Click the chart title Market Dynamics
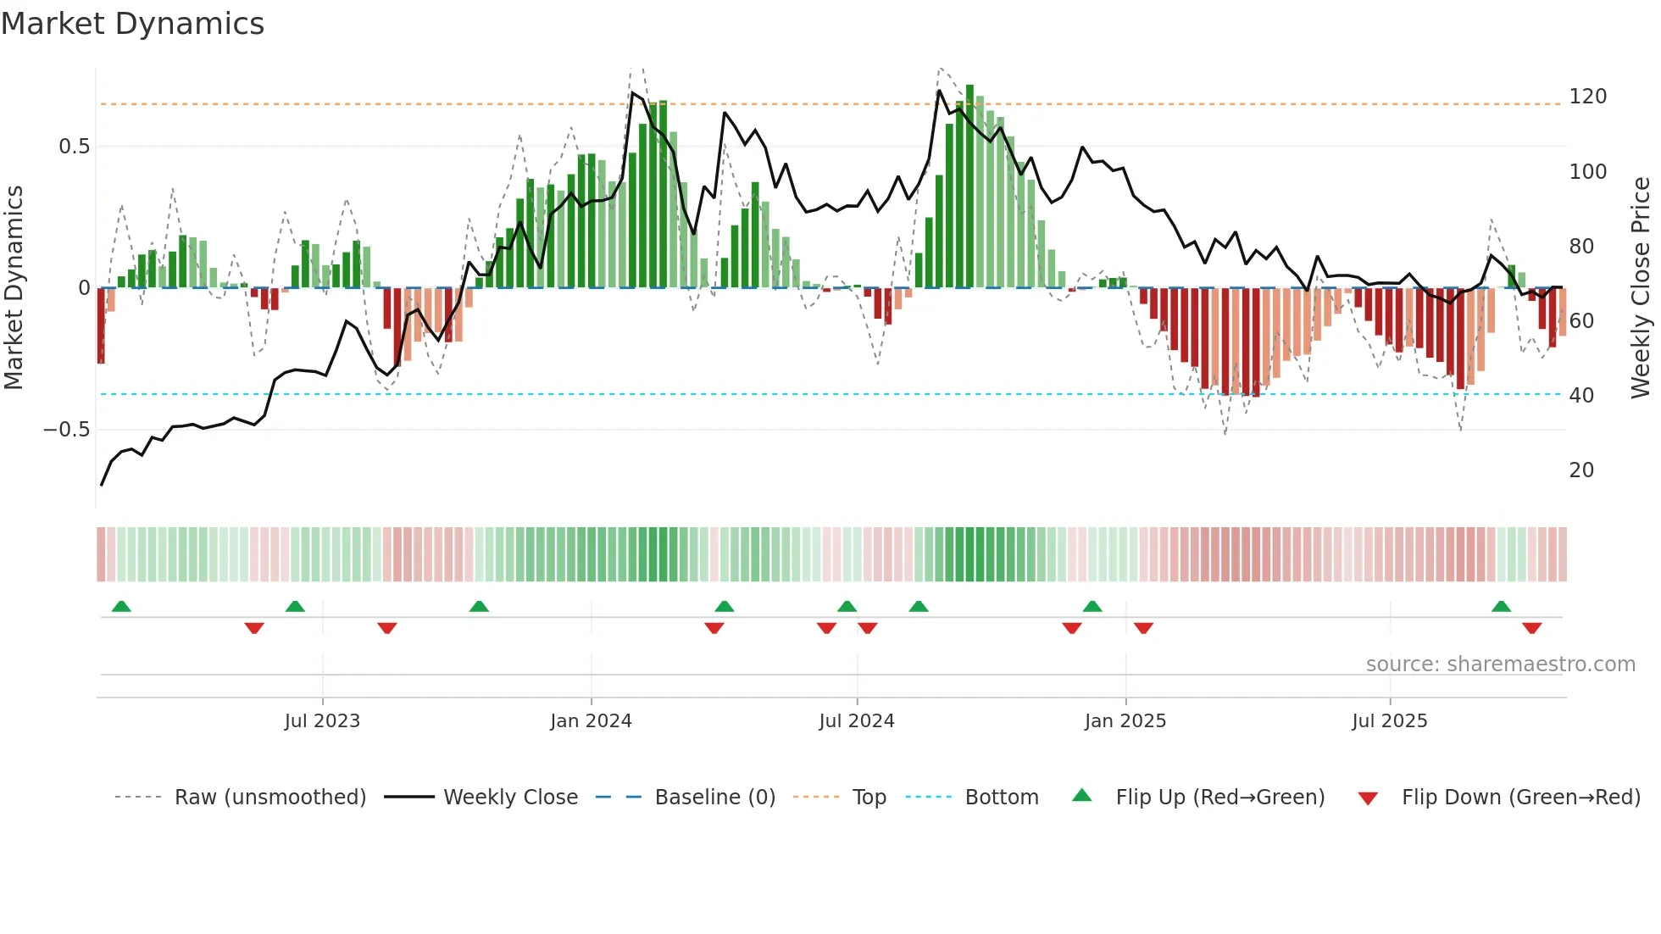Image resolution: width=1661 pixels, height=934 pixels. pos(132,24)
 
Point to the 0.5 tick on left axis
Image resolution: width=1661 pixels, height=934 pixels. pos(74,147)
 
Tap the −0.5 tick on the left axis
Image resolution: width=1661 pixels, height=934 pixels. pos(66,430)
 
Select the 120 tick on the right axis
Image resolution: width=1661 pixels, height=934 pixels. pos(1587,97)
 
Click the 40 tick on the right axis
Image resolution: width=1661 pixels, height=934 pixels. pos(1581,395)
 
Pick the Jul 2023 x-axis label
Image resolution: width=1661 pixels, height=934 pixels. pos(322,721)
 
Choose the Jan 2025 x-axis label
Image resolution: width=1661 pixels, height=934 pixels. pos(1125,721)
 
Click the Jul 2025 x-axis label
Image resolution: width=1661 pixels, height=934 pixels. pos(1389,721)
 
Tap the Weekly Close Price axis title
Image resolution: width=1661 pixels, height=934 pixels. pos(1641,288)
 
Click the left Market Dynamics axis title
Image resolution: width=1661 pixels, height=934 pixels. pos(14,288)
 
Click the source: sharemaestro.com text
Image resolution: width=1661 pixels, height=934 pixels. pos(1500,664)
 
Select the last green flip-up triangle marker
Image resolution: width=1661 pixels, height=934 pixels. pos(1501,607)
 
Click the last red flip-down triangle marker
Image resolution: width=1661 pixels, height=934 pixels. pos(1531,628)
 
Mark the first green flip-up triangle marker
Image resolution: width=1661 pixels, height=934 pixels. pos(121,607)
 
